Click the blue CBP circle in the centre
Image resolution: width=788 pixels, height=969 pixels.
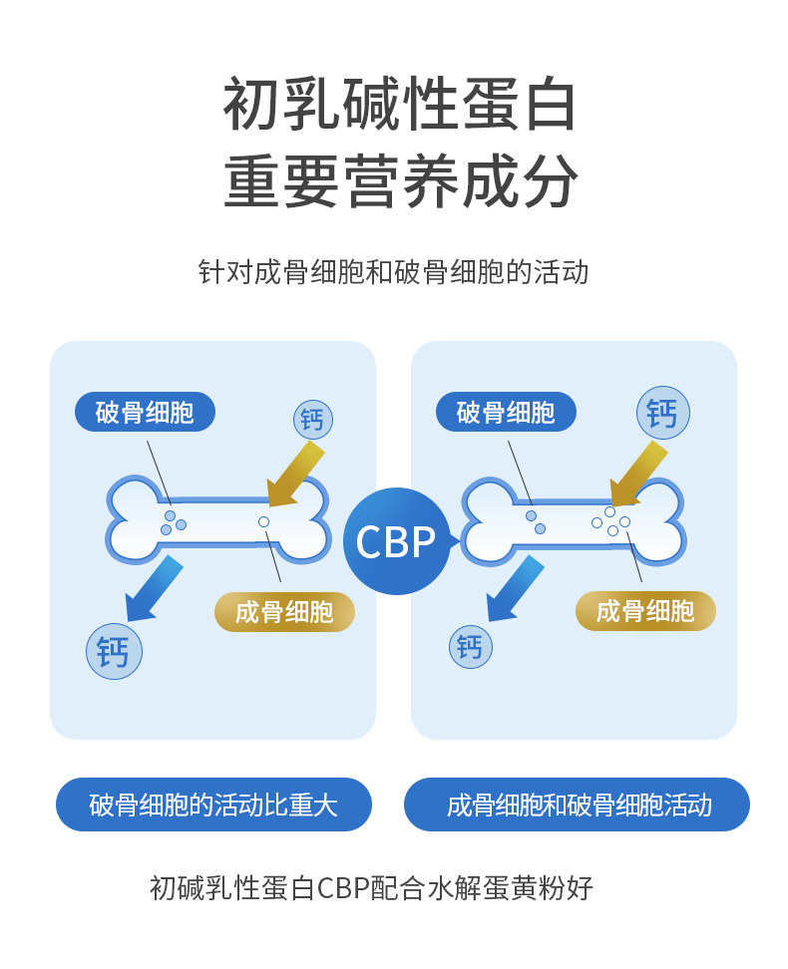pos(396,541)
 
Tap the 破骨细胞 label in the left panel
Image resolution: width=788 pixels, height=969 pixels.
pos(145,412)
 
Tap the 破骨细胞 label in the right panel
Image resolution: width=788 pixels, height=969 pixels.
pos(506,412)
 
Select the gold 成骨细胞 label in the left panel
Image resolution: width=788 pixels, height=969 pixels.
pos(284,611)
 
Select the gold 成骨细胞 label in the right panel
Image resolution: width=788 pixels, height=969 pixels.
pos(645,611)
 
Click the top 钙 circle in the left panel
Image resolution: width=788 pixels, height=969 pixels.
pos(313,420)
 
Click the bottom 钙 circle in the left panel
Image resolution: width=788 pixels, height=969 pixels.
pos(115,651)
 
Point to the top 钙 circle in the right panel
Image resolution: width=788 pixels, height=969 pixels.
pos(663,412)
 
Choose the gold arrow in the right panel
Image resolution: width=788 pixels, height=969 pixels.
pos(639,473)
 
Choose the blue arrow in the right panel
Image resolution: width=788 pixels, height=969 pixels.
pos(514,587)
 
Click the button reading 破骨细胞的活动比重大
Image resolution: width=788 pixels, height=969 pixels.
pos(213,805)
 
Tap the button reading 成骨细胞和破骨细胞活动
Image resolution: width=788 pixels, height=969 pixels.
pos(577,805)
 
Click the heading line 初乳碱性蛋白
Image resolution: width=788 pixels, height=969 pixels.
pos(399,105)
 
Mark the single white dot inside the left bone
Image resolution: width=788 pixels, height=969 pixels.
pos(263,522)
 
